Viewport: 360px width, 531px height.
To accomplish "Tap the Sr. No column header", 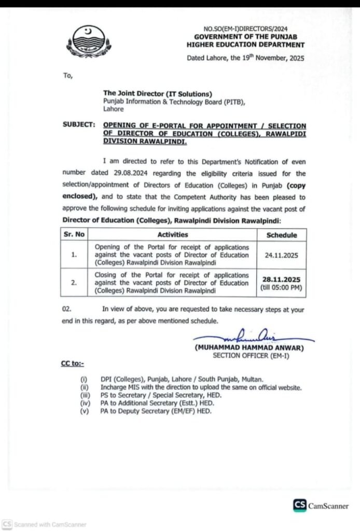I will tap(74, 234).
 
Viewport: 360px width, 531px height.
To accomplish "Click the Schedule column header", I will tap(282, 235).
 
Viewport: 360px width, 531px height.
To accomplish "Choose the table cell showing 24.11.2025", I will tap(282, 255).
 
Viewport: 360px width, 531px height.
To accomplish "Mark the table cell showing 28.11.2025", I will tap(282, 278).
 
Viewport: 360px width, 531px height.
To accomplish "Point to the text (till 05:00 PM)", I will tap(282, 286).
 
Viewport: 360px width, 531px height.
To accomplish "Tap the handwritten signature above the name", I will tap(250, 337).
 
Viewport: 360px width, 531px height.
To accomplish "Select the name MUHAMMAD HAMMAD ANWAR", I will tap(249, 348).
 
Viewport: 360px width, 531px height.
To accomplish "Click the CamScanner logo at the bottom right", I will tap(321, 506).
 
